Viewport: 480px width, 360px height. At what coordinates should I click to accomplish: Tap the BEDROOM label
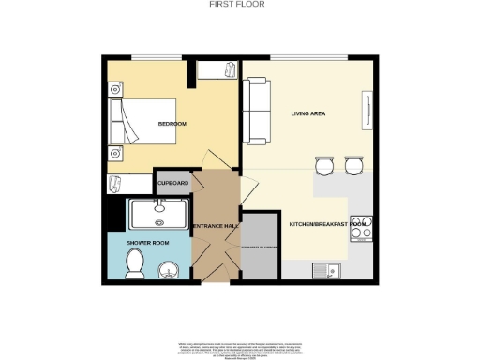(x=172, y=124)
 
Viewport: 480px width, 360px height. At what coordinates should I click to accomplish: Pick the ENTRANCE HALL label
(x=214, y=225)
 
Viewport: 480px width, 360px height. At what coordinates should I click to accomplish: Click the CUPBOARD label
(x=172, y=183)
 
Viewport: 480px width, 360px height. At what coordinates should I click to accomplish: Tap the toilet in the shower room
(x=132, y=265)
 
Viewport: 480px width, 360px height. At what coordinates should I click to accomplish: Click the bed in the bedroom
(x=146, y=124)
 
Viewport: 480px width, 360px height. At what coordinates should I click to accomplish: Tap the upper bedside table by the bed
(x=114, y=89)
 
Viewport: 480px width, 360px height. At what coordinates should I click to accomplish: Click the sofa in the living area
(x=255, y=107)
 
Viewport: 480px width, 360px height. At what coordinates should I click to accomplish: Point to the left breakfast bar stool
(x=324, y=167)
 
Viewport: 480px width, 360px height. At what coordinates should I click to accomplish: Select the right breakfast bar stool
(x=352, y=167)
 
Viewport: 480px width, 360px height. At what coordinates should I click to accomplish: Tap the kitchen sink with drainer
(x=329, y=271)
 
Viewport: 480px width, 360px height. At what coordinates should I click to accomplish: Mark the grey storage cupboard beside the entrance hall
(x=260, y=246)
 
